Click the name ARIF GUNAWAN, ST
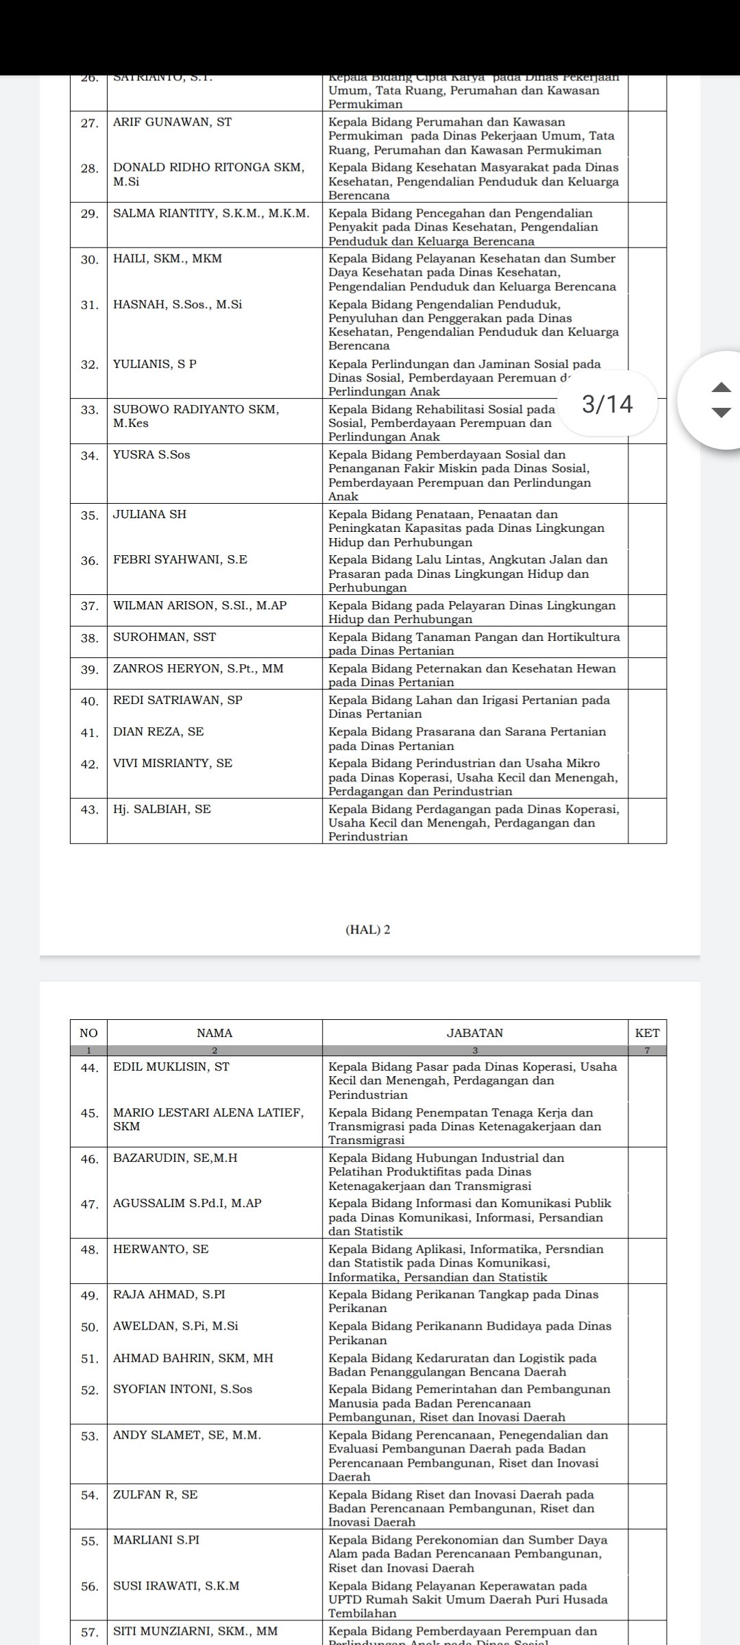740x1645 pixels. click(x=173, y=123)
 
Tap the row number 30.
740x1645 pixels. click(x=90, y=260)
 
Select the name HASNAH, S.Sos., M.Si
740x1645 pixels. click(x=177, y=305)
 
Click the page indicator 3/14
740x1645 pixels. click(x=608, y=404)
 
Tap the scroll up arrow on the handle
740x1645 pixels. click(x=721, y=388)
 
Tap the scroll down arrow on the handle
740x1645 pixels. click(x=721, y=413)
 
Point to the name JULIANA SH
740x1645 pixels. click(x=149, y=515)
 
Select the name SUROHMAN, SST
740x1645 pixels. click(x=164, y=637)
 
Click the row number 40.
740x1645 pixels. click(x=90, y=701)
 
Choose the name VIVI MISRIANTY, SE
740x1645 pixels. click(x=173, y=764)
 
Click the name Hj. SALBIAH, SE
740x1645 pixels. click(x=162, y=809)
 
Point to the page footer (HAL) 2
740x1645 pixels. click(x=369, y=930)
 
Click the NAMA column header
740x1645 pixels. click(x=214, y=1033)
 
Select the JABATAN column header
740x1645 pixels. click(x=475, y=1033)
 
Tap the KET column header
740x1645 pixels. click(x=647, y=1033)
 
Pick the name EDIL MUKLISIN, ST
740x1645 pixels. click(x=171, y=1067)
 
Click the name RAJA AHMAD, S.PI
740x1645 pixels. click(x=169, y=1295)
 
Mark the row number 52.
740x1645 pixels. click(x=90, y=1391)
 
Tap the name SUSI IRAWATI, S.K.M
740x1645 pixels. click(x=176, y=1586)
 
